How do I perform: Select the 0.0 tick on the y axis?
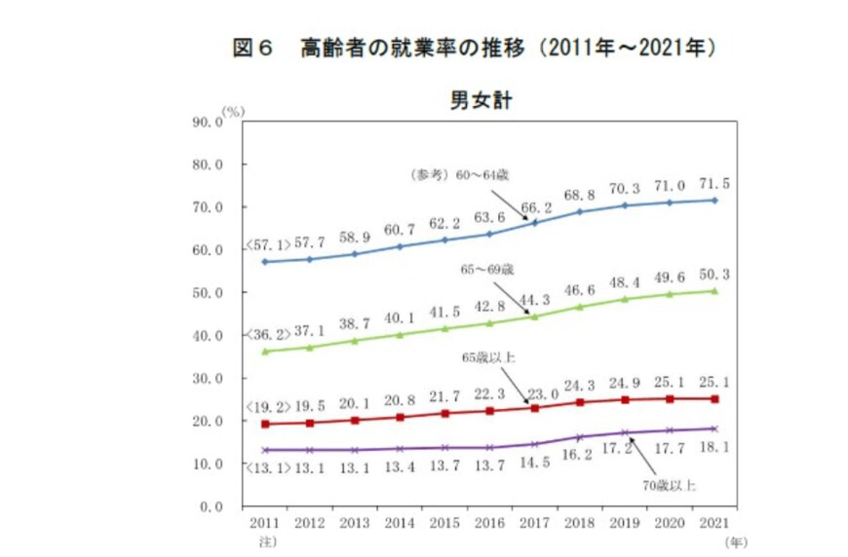(212, 507)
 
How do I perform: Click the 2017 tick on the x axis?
(536, 523)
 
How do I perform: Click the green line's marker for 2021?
(714, 290)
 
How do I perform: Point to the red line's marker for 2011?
(264, 424)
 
